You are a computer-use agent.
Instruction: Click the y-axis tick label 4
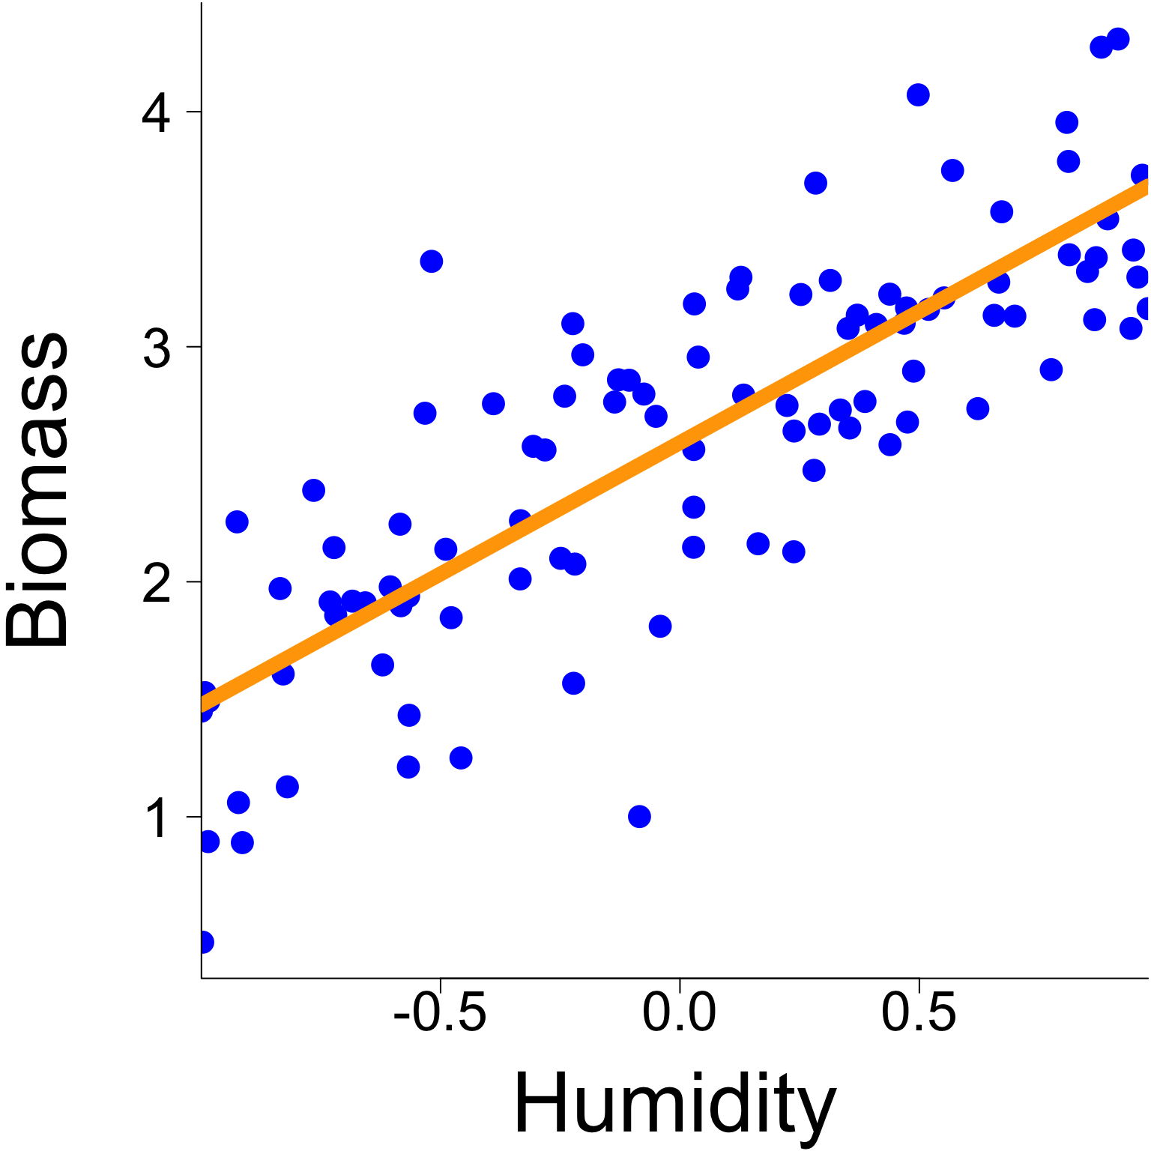pyautogui.click(x=157, y=114)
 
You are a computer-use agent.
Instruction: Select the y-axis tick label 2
pyautogui.click(x=157, y=584)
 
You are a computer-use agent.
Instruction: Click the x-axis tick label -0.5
pyautogui.click(x=440, y=1015)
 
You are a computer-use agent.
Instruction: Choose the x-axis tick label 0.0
pyautogui.click(x=679, y=1015)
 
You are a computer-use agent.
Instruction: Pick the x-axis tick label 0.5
pyautogui.click(x=918, y=1015)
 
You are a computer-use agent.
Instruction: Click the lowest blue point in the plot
pyautogui.click(x=204, y=942)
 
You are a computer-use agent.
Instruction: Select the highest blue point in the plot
pyautogui.click(x=1118, y=39)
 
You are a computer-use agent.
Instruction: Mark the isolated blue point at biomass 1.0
pyautogui.click(x=639, y=816)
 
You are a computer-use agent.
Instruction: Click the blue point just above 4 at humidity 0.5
pyautogui.click(x=918, y=95)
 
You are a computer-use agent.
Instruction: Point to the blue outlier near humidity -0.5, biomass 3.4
pyautogui.click(x=431, y=262)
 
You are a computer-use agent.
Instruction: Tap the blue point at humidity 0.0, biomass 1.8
pyautogui.click(x=660, y=626)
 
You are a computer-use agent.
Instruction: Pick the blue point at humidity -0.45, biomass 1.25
pyautogui.click(x=461, y=758)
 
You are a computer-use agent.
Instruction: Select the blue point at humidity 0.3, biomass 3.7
pyautogui.click(x=815, y=183)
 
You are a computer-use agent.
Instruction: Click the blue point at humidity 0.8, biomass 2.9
pyautogui.click(x=1051, y=369)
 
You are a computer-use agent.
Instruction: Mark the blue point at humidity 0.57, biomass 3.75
pyautogui.click(x=952, y=170)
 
